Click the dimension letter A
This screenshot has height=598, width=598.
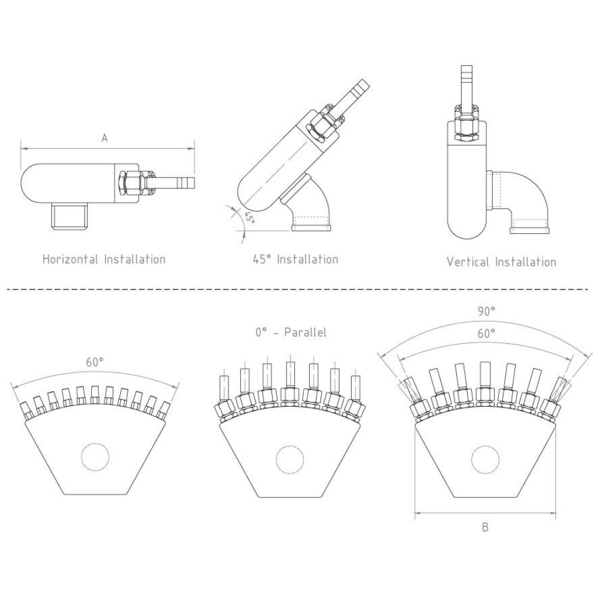tap(104, 138)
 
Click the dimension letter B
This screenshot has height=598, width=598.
tap(485, 527)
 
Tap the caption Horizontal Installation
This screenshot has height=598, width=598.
tap(104, 260)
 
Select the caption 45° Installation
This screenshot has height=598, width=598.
tap(295, 259)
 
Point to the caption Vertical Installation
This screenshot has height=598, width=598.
tap(501, 261)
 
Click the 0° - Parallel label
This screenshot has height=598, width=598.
tap(291, 333)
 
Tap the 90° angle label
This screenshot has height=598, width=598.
tap(486, 311)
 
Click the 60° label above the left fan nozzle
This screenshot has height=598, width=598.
tap(95, 362)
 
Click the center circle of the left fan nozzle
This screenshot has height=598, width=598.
tap(95, 456)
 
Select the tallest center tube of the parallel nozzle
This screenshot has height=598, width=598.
tap(290, 374)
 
